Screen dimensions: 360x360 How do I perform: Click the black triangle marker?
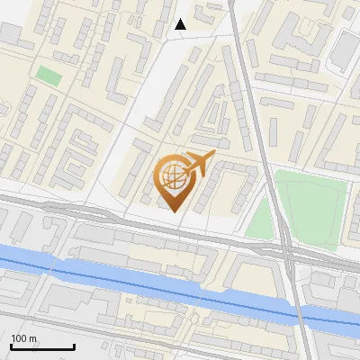click(181, 24)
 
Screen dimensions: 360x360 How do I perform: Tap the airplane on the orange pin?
click(199, 165)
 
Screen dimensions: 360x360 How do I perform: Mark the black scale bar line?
click(42, 346)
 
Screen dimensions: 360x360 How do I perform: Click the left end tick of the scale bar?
click(11, 345)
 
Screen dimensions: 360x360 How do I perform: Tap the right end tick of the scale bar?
click(74, 345)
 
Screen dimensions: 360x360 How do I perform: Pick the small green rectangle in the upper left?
click(49, 76)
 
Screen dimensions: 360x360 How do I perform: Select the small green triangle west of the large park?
click(260, 220)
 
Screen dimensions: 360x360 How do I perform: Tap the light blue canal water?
click(135, 274)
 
